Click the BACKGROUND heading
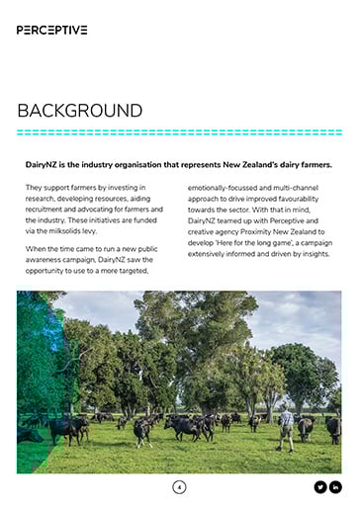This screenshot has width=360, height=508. point(79,110)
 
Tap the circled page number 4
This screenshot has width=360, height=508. point(179,486)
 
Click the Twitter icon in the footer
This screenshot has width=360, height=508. point(319,486)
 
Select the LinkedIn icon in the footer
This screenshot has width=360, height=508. point(335,486)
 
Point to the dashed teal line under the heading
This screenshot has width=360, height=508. point(179,132)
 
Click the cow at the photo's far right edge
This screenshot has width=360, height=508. point(333,429)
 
